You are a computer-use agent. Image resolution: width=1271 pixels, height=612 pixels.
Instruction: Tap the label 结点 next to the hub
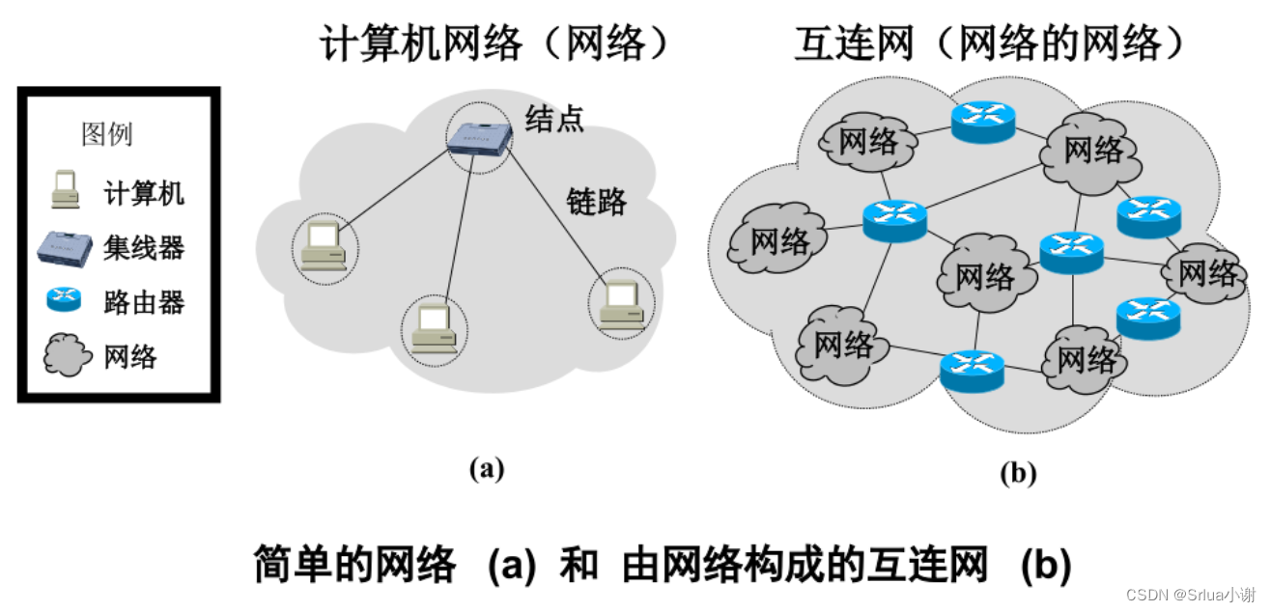pos(554,119)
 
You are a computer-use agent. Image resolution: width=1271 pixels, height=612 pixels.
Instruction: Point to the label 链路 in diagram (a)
pos(596,202)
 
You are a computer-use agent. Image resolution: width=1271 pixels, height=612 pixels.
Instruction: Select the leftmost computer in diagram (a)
pos(324,246)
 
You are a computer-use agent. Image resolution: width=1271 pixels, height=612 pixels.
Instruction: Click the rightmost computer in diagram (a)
pos(619,306)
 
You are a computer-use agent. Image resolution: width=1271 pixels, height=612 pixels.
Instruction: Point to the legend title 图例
pos(107,134)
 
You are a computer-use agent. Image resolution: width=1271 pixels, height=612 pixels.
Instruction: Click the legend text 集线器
pos(144,248)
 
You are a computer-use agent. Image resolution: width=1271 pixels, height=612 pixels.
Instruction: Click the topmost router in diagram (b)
pos(983,120)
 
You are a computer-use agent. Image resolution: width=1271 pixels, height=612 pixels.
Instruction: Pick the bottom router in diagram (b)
pos(972,366)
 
